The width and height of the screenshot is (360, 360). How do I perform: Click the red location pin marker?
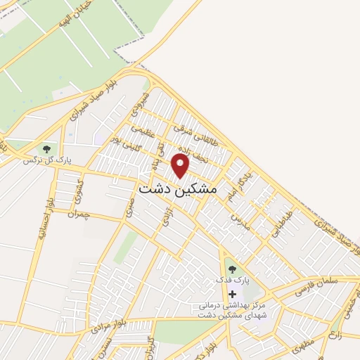point(181,165)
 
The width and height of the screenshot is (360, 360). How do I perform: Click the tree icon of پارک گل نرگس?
point(47,149)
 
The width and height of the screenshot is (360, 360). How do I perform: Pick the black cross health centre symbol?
point(233,293)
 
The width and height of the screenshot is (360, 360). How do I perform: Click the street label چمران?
point(79,214)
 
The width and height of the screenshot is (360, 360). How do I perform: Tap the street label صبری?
point(127,206)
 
